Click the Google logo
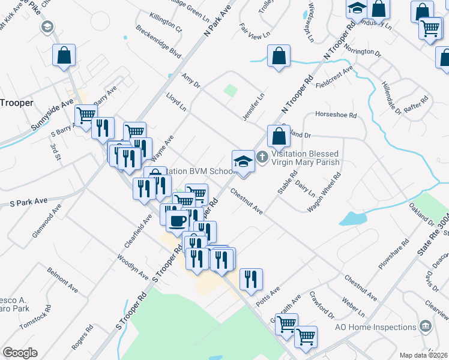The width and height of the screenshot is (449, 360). pyautogui.click(x=20, y=353)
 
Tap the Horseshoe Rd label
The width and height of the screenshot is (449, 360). pyautogui.click(x=335, y=115)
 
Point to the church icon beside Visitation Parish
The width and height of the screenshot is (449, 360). pyautogui.click(x=262, y=158)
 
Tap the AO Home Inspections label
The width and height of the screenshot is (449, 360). pyautogui.click(x=376, y=327)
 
